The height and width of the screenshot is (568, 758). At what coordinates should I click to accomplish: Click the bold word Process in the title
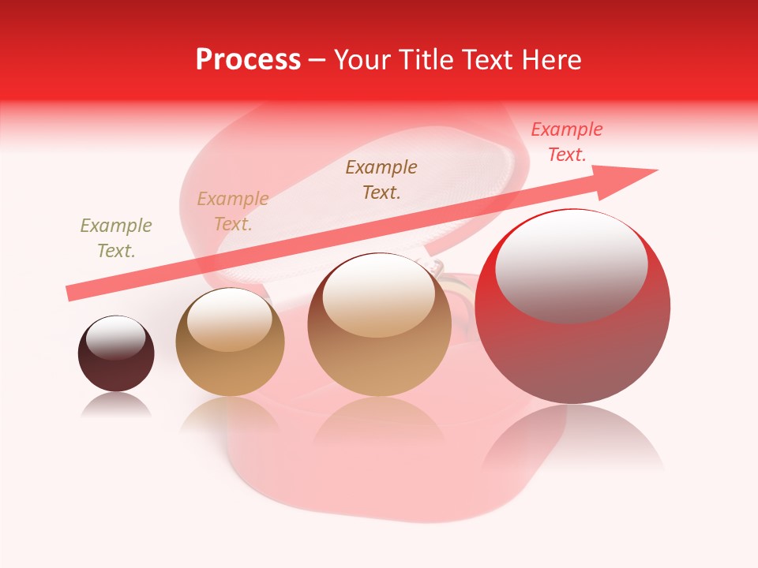[248, 60]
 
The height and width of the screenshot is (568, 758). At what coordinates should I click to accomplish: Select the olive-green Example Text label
[116, 238]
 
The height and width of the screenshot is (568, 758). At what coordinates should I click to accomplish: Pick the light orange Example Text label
[233, 211]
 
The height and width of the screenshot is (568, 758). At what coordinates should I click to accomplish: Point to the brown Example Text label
[381, 179]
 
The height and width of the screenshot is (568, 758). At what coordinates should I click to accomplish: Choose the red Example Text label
[566, 142]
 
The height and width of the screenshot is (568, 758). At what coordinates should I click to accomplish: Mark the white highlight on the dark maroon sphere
[115, 338]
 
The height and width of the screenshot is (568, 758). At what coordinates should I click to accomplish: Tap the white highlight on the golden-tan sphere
[229, 317]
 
